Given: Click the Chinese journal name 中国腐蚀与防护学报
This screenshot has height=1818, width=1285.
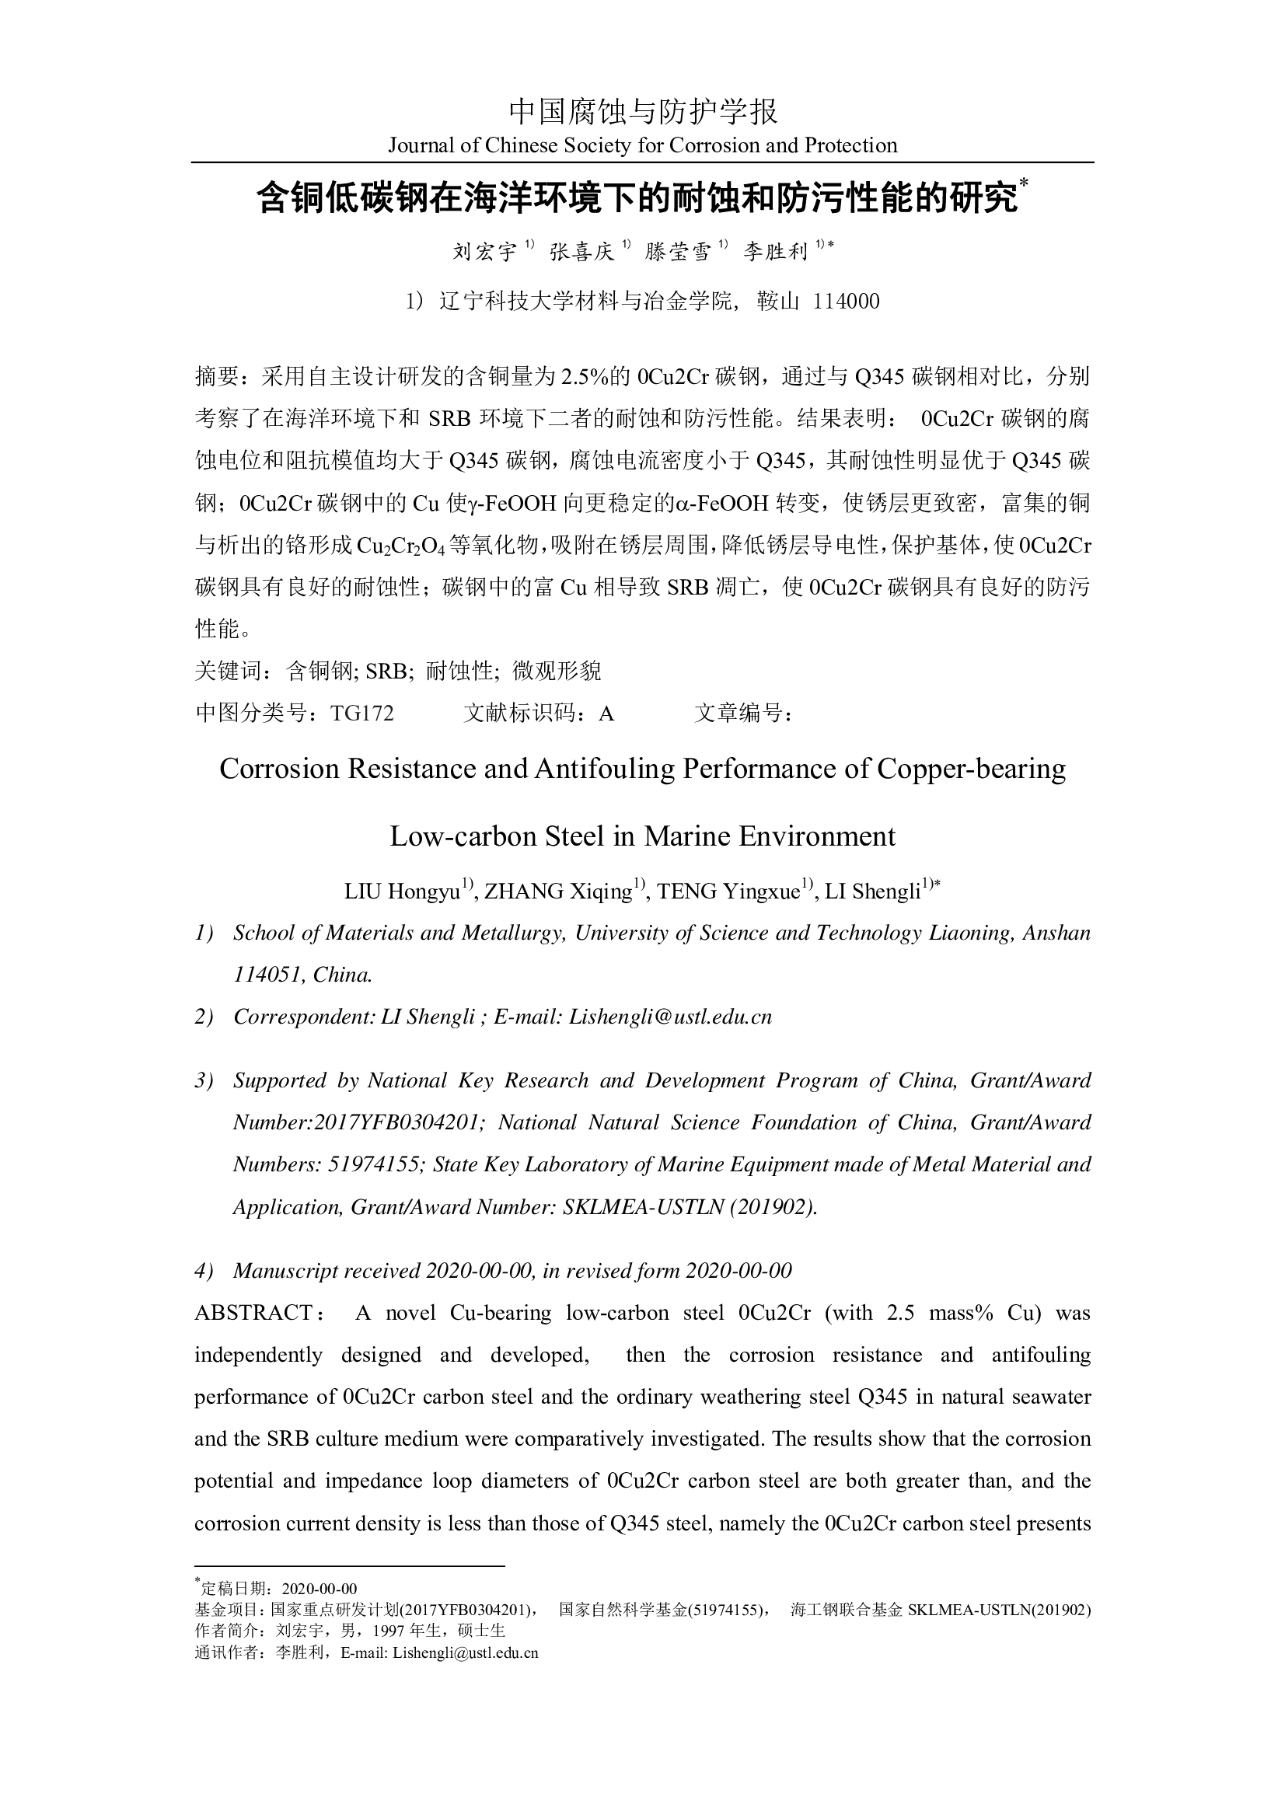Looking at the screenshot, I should coord(642,113).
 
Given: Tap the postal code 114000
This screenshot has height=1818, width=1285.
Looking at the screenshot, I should coord(847,302).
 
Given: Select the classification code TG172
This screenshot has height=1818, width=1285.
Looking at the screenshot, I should coord(361,714).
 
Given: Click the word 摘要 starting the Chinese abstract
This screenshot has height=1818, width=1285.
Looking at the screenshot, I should coord(216,377).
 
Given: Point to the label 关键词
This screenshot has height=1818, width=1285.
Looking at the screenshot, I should coord(227,672).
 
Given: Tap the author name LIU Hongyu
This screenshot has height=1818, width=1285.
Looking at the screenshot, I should coord(402,892).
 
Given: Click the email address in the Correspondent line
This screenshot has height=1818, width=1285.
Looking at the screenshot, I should coord(670,1017).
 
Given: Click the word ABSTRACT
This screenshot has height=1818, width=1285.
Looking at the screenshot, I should coord(253,1314).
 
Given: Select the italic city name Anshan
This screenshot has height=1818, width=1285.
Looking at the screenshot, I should coord(1056,933).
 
